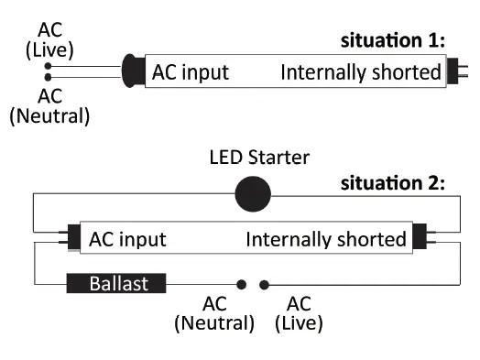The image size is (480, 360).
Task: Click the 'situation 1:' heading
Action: [x=393, y=40]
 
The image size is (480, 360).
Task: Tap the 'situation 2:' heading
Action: [x=393, y=182]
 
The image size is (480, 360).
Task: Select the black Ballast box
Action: [x=117, y=284]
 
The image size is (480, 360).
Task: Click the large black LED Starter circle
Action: [x=254, y=193]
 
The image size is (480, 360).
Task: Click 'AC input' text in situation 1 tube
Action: [x=191, y=71]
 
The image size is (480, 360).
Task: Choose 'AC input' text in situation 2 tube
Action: [x=127, y=240]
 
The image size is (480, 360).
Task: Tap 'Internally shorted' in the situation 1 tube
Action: [x=361, y=71]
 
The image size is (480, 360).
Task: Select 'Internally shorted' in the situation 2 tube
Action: [x=325, y=240]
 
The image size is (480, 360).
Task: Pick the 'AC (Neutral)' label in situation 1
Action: [x=49, y=105]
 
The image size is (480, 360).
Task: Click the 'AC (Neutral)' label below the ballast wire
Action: [x=213, y=313]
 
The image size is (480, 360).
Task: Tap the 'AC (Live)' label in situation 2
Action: [x=299, y=313]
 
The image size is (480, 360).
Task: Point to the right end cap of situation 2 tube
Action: [x=419, y=239]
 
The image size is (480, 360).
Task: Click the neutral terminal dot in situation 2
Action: [x=242, y=284]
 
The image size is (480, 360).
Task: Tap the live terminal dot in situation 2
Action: [x=264, y=284]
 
